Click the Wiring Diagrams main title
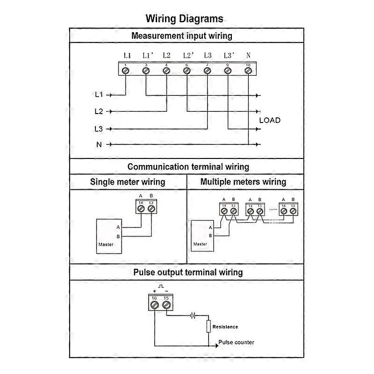click(x=185, y=19)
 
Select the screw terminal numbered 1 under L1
click(x=125, y=71)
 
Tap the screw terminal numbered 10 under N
click(x=248, y=71)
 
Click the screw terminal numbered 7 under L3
click(x=207, y=71)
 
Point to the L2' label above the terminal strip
click(x=188, y=55)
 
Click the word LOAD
click(x=270, y=120)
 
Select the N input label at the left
click(x=99, y=144)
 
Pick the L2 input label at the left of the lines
click(x=98, y=111)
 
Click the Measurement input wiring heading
click(x=182, y=36)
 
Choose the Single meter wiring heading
click(x=128, y=182)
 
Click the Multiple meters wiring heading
click(x=243, y=182)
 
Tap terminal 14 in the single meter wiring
click(x=141, y=209)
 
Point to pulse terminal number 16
click(x=155, y=305)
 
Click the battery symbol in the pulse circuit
click(x=193, y=315)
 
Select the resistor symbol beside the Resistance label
click(x=209, y=326)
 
